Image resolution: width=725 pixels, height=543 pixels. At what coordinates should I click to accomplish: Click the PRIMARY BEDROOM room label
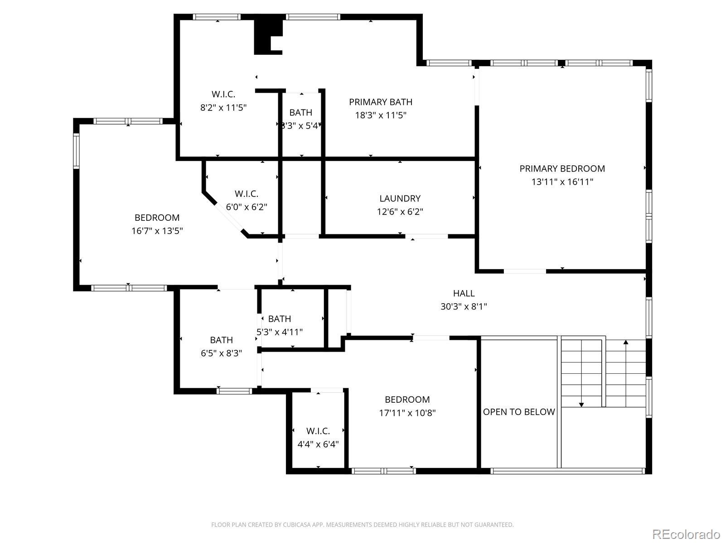coord(562,169)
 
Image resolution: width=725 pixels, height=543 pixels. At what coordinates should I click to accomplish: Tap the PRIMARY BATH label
coord(381,102)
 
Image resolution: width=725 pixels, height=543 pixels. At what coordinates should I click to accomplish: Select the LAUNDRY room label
coord(400,199)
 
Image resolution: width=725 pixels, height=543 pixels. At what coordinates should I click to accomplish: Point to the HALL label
coord(464,293)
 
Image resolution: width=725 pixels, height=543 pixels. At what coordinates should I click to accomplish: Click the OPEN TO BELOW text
coord(519,412)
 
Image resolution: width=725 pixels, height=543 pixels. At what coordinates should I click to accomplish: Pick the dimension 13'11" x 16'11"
coord(562,182)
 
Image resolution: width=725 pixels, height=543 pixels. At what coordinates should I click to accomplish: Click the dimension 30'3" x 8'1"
coord(464,307)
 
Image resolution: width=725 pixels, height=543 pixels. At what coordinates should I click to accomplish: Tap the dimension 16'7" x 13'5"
coord(157,231)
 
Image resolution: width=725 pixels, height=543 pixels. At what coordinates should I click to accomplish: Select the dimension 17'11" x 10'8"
coord(407,413)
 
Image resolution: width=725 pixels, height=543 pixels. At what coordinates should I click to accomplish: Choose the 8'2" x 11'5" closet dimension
coord(223,108)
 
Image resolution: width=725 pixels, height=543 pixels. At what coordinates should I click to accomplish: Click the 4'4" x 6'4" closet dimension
coord(318,444)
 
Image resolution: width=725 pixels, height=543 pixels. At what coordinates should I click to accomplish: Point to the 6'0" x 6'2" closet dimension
coord(246,207)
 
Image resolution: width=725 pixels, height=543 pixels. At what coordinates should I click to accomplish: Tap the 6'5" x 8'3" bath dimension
coord(221,353)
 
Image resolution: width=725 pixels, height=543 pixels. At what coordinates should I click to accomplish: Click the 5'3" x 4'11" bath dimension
coord(280,332)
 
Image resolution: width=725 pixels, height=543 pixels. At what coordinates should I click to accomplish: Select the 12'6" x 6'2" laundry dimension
coord(400,212)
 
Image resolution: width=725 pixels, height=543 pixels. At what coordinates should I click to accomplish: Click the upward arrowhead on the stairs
coord(626,342)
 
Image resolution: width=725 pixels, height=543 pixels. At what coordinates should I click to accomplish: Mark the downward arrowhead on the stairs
coord(581,405)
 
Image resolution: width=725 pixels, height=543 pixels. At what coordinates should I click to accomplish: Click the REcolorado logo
coord(686,534)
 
